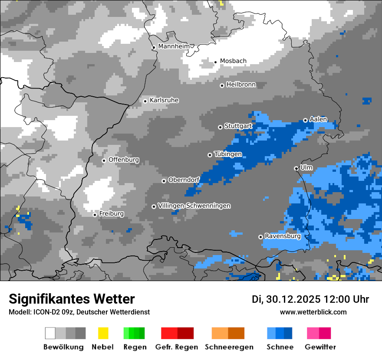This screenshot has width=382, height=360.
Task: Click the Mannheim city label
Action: (x=174, y=46)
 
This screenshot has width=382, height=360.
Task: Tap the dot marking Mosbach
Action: (x=215, y=62)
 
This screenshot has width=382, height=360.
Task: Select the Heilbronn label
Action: (x=241, y=85)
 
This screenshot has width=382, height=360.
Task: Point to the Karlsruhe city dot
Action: (x=145, y=101)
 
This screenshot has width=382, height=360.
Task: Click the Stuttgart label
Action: (x=238, y=126)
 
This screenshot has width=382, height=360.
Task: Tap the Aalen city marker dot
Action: (x=305, y=120)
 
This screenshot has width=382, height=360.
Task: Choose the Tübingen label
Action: (x=228, y=154)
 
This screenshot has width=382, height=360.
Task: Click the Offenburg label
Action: (x=124, y=160)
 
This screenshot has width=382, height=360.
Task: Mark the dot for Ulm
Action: (x=296, y=168)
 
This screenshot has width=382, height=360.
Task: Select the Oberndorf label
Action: (x=184, y=180)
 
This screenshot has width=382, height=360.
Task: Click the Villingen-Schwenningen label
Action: (x=194, y=206)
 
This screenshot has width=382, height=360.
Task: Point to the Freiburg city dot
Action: (x=95, y=215)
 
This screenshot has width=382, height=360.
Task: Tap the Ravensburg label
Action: (x=283, y=236)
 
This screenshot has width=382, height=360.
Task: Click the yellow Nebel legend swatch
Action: (x=103, y=333)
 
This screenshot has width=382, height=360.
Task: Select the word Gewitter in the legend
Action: (x=320, y=347)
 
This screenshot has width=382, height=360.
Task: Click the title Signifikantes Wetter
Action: (x=72, y=299)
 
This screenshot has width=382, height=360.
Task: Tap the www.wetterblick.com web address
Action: (x=313, y=312)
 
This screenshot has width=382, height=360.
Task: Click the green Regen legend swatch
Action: (x=134, y=333)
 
